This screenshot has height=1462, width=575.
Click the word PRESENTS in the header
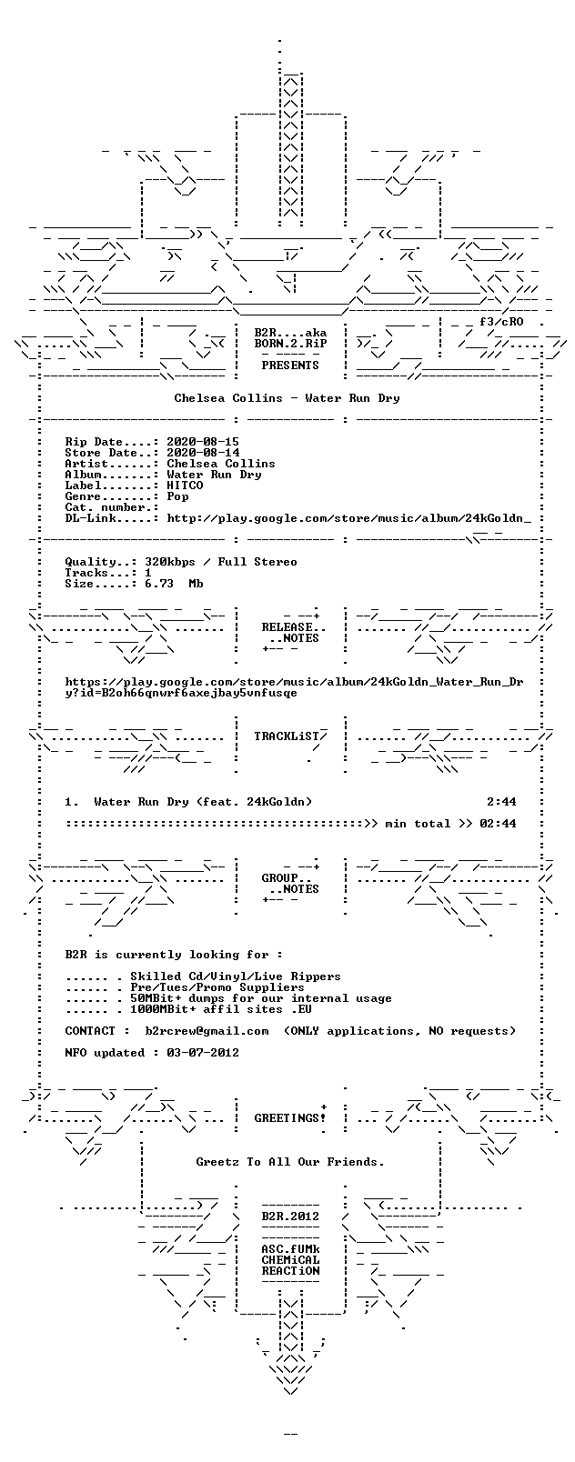290,365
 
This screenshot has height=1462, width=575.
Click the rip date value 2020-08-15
203,442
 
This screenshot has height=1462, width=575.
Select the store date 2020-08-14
203,453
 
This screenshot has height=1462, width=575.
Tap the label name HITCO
185,486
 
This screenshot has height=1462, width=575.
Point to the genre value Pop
177,496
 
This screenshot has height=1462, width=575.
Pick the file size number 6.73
159,584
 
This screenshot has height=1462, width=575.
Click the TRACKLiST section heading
290,736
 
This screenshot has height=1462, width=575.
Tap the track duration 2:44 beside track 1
501,802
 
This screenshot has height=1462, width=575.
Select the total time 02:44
498,824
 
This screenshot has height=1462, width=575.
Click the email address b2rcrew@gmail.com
207,1030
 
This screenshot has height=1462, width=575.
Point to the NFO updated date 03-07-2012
203,1053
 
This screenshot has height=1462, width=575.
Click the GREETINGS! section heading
290,1118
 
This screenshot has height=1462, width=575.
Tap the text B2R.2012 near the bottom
290,1216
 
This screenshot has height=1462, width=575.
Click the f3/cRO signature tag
501,322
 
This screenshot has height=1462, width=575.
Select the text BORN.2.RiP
290,344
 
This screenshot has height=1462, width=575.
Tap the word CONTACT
90,1030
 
